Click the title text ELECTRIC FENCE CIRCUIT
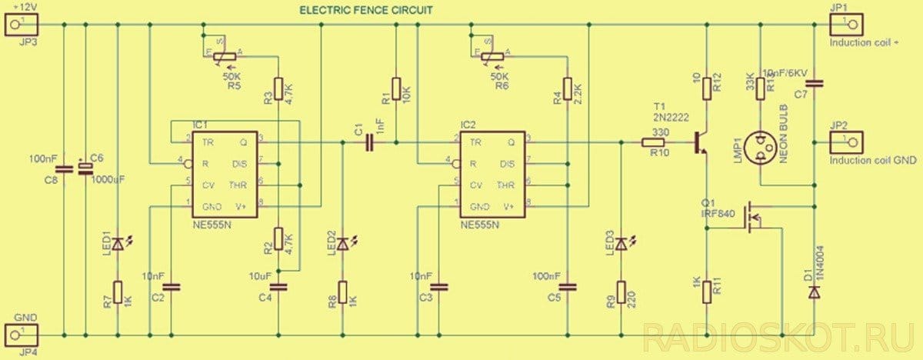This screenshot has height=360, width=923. (366, 10)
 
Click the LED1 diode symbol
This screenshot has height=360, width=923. (117, 245)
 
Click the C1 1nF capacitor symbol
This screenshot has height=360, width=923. (370, 142)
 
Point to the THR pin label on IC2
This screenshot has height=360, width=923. (505, 185)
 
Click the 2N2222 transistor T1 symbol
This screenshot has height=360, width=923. (701, 142)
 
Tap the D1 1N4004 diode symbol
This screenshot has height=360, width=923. (815, 293)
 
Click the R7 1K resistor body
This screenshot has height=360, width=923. (117, 292)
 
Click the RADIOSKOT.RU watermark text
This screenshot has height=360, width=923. (777, 336)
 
